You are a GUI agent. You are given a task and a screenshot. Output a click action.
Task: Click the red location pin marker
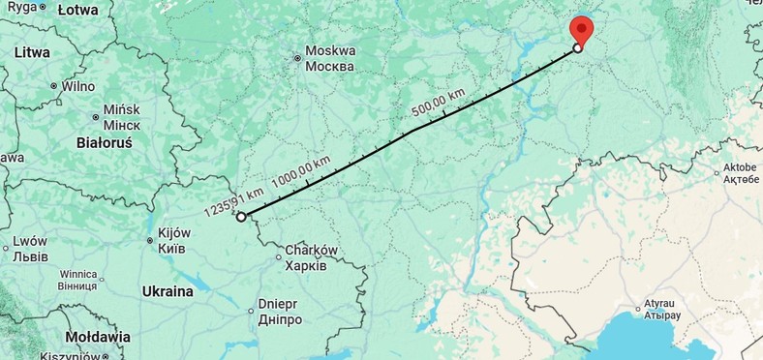(x=581, y=29)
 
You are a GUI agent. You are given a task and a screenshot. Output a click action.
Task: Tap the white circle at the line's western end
(x=241, y=217)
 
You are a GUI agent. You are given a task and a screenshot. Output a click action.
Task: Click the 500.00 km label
(x=436, y=104)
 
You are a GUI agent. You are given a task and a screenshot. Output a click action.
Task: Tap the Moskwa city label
(x=329, y=58)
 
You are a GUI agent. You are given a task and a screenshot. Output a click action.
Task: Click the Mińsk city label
(x=122, y=117)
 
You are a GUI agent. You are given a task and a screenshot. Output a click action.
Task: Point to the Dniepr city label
(x=279, y=311)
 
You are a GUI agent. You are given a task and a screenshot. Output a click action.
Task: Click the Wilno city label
(x=78, y=86)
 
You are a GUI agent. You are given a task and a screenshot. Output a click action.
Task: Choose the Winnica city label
(x=77, y=280)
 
